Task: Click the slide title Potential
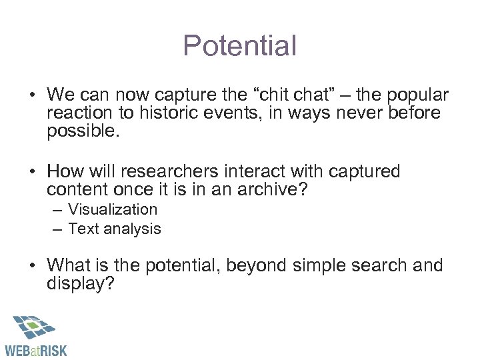(x=239, y=46)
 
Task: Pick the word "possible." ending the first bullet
(x=83, y=131)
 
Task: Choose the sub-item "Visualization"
(x=113, y=209)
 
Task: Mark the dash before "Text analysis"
(x=58, y=229)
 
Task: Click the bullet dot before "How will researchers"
(x=32, y=172)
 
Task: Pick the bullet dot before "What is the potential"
(x=32, y=266)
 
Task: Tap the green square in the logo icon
(x=31, y=326)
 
